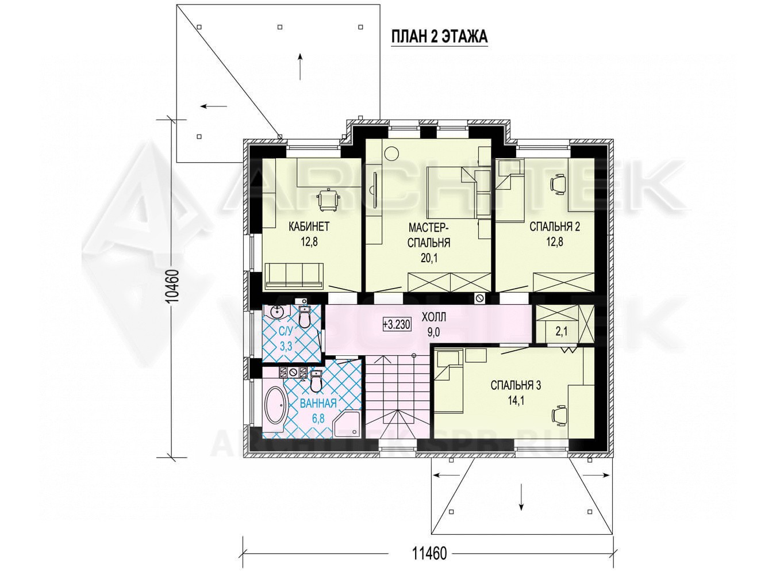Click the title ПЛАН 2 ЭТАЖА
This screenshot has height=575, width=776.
[439, 36]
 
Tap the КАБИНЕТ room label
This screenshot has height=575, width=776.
[309, 227]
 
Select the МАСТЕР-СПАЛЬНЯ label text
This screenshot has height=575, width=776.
[429, 235]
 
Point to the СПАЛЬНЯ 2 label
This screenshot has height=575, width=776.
[555, 227]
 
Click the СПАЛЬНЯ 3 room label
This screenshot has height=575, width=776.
[516, 385]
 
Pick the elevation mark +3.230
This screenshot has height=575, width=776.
[397, 324]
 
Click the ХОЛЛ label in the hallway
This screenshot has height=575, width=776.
[434, 317]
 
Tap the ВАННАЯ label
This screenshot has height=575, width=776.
[318, 403]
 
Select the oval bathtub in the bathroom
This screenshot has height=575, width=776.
[276, 410]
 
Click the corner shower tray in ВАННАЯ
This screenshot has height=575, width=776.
[347, 424]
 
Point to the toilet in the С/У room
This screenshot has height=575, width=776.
[305, 317]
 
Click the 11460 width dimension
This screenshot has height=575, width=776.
[429, 553]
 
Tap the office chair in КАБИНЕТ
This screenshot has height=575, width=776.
[329, 200]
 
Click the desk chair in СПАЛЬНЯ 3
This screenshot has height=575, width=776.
[559, 416]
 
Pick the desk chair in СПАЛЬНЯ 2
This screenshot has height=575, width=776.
[558, 184]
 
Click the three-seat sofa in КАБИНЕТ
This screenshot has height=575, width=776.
[294, 276]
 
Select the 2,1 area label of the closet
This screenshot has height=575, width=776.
[561, 331]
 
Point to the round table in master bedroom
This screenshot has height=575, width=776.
[391, 154]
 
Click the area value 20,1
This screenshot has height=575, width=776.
[429, 258]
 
